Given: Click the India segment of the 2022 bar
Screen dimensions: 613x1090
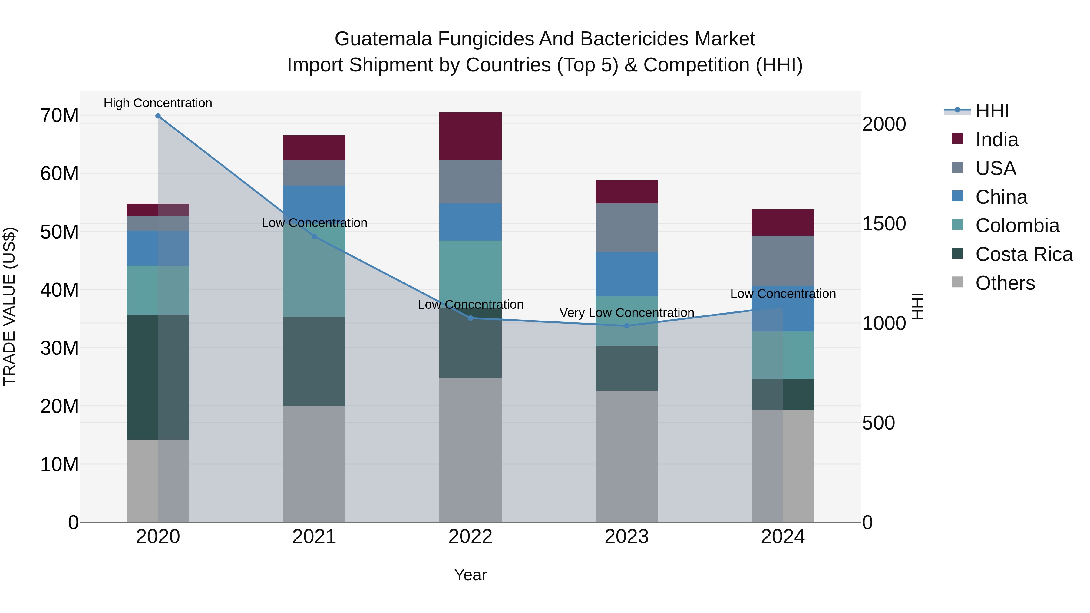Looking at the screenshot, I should pos(470,136).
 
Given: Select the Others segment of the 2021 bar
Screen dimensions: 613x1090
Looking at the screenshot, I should pos(314,464).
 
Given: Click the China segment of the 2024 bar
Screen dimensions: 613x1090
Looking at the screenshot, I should pos(783,308).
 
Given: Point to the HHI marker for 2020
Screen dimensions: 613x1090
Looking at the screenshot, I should pos(158,116).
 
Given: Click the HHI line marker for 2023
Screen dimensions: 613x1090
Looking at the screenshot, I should pos(627,326).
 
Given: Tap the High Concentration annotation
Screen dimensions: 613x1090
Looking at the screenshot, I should pos(158,103).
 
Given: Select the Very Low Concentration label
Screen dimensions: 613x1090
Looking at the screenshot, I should pos(627,313).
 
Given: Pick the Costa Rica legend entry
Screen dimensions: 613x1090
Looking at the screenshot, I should pos(1024,254).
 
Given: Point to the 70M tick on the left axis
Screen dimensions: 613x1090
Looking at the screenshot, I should pos(59,116).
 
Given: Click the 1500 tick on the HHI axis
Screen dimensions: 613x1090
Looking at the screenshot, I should pos(884,224).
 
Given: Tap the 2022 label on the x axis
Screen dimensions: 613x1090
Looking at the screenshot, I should pos(470,537).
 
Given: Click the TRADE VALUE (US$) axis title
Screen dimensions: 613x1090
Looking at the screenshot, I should pos(9,306).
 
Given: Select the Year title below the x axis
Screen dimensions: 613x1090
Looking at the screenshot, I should pos(470,575).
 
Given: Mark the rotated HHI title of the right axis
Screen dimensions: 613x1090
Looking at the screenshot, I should pos(917,306).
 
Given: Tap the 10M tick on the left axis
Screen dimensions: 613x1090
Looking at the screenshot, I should pos(59,464).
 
